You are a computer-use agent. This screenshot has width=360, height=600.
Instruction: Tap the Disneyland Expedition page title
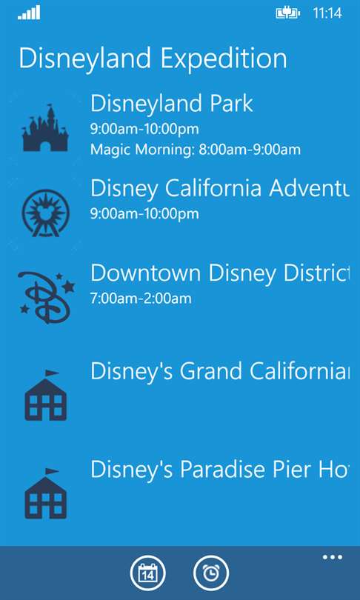[x=153, y=59]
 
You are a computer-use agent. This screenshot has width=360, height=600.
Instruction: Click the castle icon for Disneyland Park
[x=45, y=128]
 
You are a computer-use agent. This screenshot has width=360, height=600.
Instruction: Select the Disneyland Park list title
[x=172, y=104]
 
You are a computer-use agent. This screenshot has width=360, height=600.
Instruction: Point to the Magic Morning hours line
[x=196, y=150]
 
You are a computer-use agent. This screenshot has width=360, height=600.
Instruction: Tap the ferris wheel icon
[x=45, y=213]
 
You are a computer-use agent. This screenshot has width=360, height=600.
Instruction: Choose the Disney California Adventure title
[x=219, y=188]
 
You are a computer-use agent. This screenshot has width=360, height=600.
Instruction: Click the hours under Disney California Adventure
[x=144, y=214]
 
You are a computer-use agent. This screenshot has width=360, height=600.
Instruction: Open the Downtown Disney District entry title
[x=219, y=273]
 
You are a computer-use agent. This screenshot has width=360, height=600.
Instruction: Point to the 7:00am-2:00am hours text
[x=141, y=299]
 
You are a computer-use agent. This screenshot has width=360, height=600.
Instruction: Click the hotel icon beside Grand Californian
[x=45, y=396]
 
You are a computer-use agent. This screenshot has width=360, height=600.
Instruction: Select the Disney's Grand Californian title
[x=219, y=371]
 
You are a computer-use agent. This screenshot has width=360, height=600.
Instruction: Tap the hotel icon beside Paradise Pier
[x=45, y=493]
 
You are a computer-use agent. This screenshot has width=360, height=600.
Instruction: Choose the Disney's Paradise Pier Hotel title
[x=219, y=469]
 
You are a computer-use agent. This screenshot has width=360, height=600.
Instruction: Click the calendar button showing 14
[x=147, y=573]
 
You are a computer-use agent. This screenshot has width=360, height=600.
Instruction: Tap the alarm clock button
[x=211, y=573]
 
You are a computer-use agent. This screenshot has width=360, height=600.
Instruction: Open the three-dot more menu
[x=333, y=557]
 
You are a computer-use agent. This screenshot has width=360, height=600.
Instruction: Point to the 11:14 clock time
[x=327, y=13]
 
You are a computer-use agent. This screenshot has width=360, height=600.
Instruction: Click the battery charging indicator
[x=287, y=13]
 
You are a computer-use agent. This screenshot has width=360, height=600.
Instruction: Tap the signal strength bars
[x=29, y=13]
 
